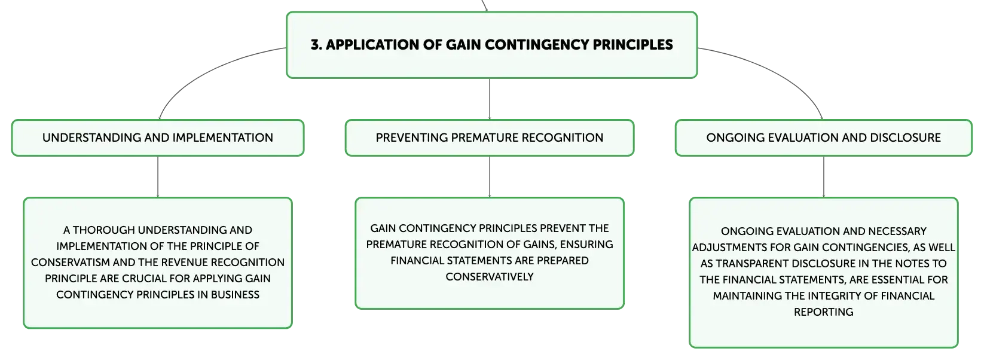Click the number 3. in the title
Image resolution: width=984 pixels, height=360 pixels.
(x=316, y=44)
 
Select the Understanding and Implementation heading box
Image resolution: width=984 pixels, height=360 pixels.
(x=158, y=138)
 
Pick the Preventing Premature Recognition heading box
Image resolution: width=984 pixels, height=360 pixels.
(x=490, y=138)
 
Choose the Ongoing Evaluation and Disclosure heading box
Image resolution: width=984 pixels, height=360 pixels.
(x=824, y=138)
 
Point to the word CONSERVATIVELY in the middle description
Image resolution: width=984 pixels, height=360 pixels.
(x=490, y=277)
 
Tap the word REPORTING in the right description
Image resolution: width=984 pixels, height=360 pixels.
(x=824, y=312)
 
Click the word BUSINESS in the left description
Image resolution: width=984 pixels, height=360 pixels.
(x=235, y=294)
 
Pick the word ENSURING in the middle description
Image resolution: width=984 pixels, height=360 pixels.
(x=586, y=245)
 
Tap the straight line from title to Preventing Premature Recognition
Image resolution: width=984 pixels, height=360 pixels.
(x=490, y=99)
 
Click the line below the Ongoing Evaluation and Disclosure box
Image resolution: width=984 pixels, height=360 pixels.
(x=824, y=176)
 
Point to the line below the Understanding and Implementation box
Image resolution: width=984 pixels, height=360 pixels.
(x=158, y=176)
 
